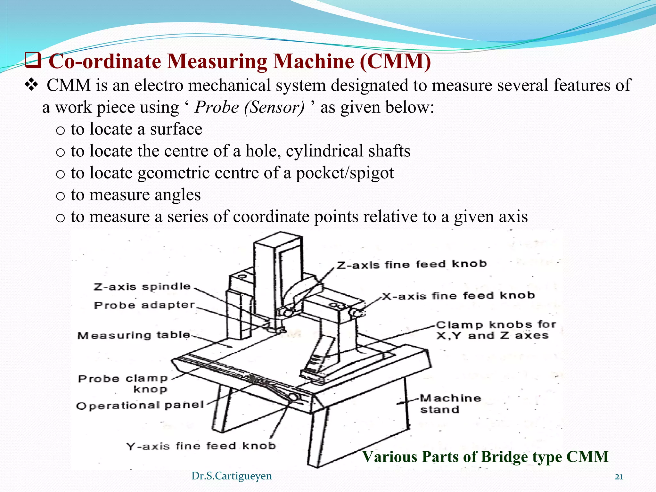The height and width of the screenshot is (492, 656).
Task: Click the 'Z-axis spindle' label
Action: pos(142,287)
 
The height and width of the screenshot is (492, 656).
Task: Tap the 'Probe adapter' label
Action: pos(144,305)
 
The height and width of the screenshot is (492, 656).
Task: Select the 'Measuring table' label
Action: pos(134,335)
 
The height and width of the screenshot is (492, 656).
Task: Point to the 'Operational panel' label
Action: pos(140,406)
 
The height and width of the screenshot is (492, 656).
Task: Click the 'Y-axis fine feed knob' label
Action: pos(201,446)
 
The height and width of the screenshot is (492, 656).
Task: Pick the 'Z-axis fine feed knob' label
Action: pos(412,265)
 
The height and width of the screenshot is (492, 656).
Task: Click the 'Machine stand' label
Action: pos(450,404)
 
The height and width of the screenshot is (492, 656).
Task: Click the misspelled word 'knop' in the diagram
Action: pos(150,389)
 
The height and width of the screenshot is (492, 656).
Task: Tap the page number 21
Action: pos(619,477)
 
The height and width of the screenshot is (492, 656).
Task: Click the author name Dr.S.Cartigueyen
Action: pos(232,476)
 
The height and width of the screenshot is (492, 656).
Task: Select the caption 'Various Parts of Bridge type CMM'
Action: pos(485,456)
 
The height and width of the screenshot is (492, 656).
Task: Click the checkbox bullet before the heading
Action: pos(33,61)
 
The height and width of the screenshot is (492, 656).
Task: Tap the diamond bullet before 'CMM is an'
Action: pos(31,85)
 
